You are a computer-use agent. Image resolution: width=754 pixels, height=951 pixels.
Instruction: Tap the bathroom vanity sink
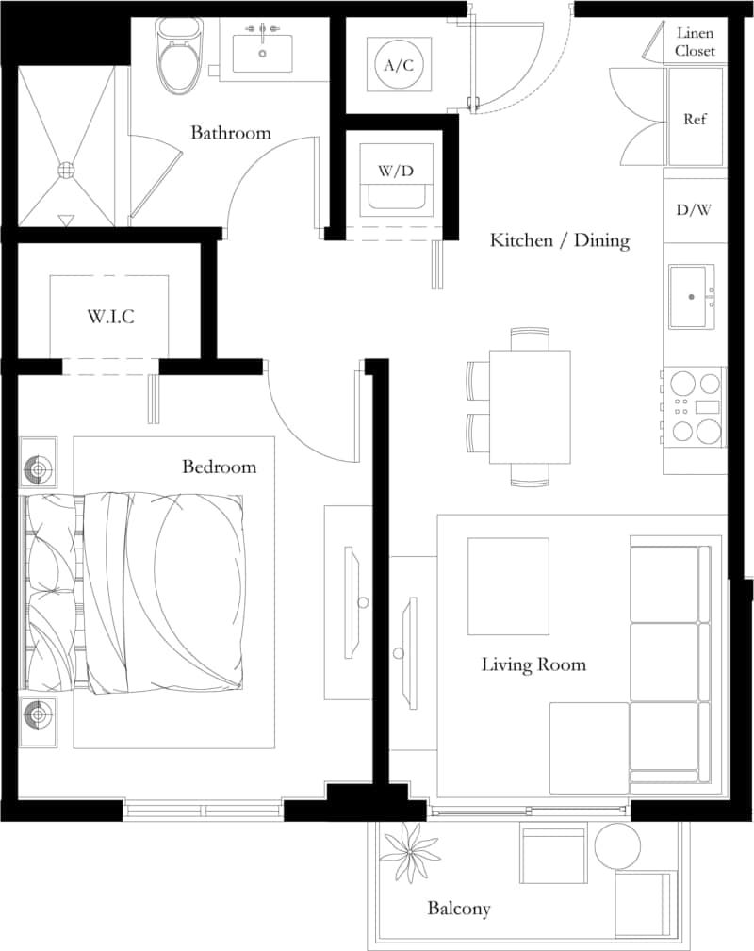[262, 53]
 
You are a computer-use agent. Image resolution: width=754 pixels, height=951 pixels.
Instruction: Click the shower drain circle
[66, 171]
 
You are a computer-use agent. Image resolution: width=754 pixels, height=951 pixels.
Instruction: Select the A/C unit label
[399, 65]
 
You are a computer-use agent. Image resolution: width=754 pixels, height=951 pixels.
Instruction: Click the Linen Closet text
[695, 42]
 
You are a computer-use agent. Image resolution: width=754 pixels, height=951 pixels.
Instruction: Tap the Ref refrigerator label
[695, 120]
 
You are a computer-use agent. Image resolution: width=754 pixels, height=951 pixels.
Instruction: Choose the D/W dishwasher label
[694, 210]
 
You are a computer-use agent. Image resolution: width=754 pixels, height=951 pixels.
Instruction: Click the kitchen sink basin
[691, 296]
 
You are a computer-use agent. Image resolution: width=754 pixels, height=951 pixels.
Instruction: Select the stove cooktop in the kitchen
[694, 407]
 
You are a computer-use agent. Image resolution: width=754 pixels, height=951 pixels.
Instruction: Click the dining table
[530, 406]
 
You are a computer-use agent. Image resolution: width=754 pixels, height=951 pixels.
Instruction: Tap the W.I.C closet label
[111, 317]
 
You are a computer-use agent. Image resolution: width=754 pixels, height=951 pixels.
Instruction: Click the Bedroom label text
[219, 467]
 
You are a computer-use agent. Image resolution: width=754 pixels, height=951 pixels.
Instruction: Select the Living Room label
[533, 664]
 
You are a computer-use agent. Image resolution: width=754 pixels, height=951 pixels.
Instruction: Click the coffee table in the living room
[508, 585]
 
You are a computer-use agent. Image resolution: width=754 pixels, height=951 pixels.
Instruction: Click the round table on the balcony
[616, 845]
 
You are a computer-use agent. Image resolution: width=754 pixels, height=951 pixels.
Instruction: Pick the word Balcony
[459, 909]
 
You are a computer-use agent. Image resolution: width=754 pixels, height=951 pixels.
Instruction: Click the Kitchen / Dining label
[559, 240]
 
